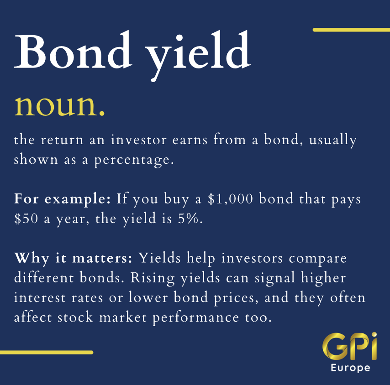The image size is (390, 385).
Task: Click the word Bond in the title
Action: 73,49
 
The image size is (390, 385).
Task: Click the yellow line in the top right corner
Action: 351,30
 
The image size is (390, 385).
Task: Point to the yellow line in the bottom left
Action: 47,352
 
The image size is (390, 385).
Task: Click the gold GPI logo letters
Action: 350,346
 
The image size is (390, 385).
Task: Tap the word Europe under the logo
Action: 350,368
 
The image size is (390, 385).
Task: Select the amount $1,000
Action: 230,199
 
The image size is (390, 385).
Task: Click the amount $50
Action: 26,219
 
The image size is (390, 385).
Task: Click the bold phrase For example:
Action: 62,199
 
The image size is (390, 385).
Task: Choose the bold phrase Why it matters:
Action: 73,258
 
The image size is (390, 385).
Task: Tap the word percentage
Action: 134,160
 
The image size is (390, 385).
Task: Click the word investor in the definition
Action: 139,140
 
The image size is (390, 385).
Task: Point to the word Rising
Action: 153,278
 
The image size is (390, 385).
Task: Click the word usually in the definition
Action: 333,140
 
